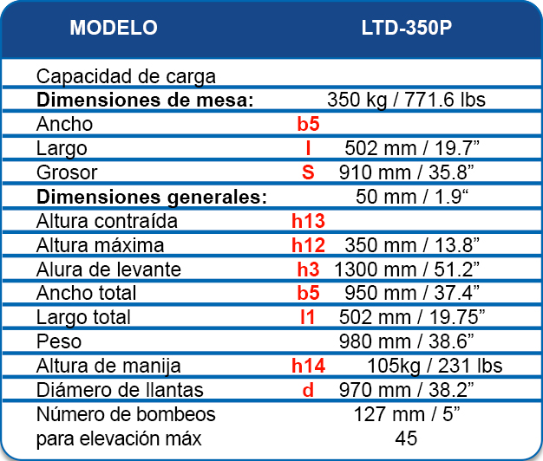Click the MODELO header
coord(114,28)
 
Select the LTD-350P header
coord(406,28)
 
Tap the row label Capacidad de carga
coord(126,76)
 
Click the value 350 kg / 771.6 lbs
coord(406,100)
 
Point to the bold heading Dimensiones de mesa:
coord(145,100)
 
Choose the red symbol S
coord(308,172)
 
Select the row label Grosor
coord(67,172)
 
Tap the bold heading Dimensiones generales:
coord(151,196)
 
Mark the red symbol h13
coord(308,220)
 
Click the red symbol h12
coord(308,244)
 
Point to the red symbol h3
coord(308,269)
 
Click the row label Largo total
coord(83,317)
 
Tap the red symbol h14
coord(308,366)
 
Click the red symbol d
coord(308,390)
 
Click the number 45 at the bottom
coord(406,438)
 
